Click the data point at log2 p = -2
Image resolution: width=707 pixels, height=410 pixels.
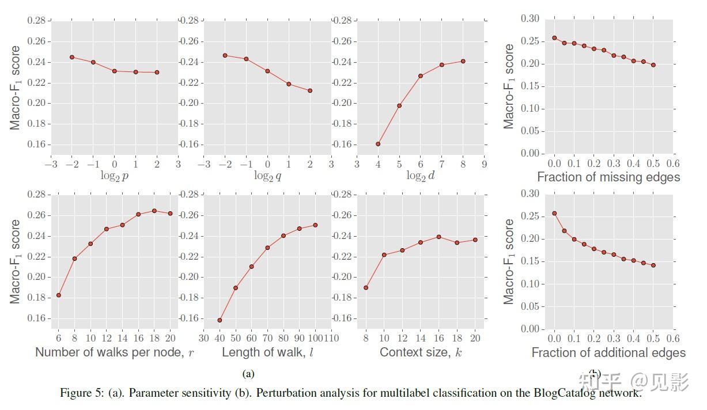tap(72, 57)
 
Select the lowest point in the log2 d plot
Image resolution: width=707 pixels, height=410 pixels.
tap(378, 144)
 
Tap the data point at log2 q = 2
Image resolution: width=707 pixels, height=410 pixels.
tap(310, 90)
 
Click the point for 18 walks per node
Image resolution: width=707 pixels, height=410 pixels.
tap(154, 211)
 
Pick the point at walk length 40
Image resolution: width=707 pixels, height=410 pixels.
tap(220, 320)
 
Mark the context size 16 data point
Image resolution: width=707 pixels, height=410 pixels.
tap(439, 237)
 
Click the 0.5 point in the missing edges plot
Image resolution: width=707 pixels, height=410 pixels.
tap(653, 65)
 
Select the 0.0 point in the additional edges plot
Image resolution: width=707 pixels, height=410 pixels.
tap(554, 213)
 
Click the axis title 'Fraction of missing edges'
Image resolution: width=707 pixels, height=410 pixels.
tap(608, 177)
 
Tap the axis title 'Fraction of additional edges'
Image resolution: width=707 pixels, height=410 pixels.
tap(608, 352)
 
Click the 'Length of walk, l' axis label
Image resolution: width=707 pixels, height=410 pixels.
tap(268, 352)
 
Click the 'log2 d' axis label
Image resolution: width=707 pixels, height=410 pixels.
tap(420, 176)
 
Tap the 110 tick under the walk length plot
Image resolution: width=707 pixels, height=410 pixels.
tap(331, 338)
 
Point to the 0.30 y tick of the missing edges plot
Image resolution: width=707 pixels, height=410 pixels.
tap(530, 19)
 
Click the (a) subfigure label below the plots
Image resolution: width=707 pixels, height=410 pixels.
tap(248, 374)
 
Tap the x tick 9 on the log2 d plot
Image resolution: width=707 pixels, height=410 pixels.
tap(484, 164)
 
